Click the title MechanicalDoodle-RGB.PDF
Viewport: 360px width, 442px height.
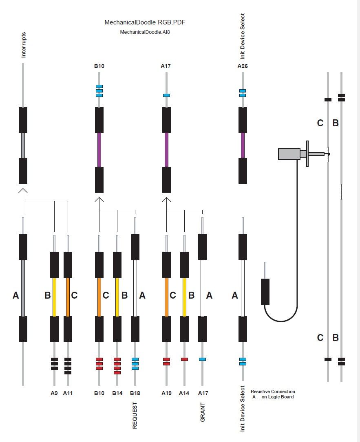click(x=145, y=22)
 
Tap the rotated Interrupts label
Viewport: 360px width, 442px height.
click(x=23, y=45)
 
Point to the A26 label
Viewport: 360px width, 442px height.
click(x=243, y=66)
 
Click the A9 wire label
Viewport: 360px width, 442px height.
click(x=54, y=393)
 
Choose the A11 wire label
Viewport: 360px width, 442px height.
click(x=68, y=393)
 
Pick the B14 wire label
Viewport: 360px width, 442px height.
click(x=117, y=393)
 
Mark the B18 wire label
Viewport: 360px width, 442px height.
click(x=135, y=393)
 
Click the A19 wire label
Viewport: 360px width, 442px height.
click(x=166, y=393)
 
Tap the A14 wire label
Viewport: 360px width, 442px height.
click(x=184, y=393)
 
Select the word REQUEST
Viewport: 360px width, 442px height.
click(x=135, y=416)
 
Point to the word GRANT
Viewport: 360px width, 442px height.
click(x=203, y=412)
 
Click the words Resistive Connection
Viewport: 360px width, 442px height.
click(x=273, y=391)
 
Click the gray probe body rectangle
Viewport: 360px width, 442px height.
click(x=289, y=154)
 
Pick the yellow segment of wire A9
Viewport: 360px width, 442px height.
click(x=54, y=297)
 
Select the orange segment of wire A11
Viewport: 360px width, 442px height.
click(x=68, y=297)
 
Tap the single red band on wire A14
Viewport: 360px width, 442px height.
click(x=184, y=359)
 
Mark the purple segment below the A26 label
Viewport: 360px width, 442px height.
click(x=243, y=145)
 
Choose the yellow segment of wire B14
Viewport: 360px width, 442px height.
click(x=117, y=297)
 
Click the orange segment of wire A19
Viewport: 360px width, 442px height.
click(x=166, y=297)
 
